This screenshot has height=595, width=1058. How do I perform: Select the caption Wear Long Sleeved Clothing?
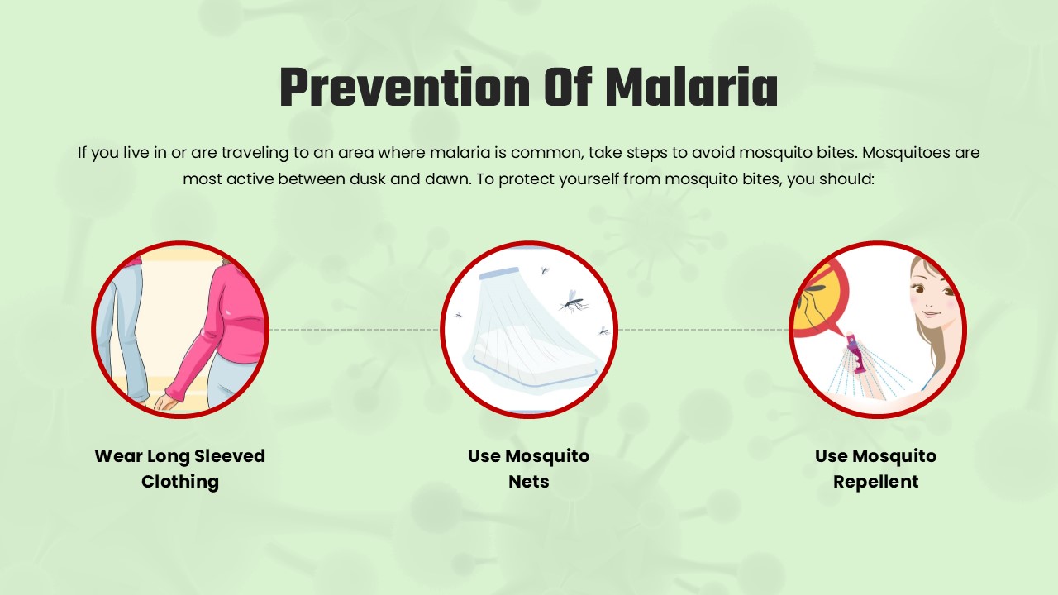click(180, 469)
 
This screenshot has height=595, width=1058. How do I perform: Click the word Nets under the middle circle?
click(529, 481)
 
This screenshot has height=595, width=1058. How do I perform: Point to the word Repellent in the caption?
click(875, 481)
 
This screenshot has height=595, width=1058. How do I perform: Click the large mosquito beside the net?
click(573, 301)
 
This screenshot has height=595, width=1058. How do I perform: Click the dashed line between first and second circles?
click(355, 329)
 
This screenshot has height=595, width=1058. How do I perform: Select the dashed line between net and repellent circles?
click(703, 329)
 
